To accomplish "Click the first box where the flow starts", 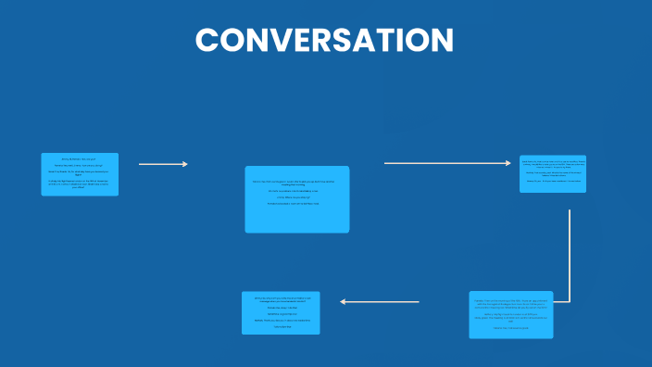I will [80, 174].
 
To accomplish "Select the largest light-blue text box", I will [296, 199].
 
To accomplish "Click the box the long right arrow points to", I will [552, 173].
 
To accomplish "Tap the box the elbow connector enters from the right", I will [510, 314].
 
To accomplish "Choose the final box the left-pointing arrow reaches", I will [281, 312].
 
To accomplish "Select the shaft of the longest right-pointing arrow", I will [445, 163].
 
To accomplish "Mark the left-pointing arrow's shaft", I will [382, 301].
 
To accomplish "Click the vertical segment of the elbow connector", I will [569, 255].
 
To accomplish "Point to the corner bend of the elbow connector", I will [569, 301].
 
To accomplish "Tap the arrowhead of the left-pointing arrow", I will [344, 301].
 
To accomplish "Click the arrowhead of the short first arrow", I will [185, 164].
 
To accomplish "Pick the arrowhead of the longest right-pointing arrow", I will [508, 163].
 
